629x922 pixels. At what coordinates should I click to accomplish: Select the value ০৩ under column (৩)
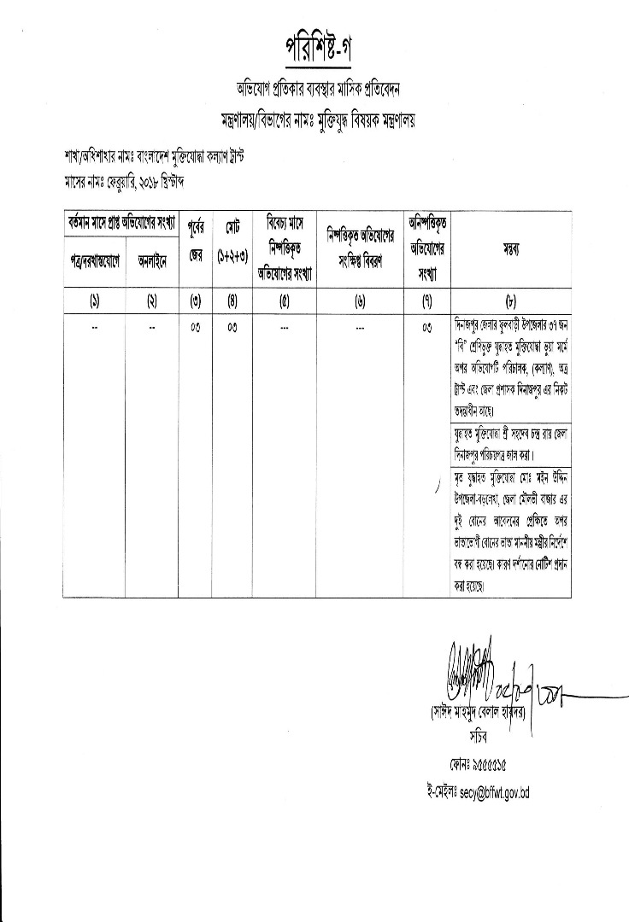pyautogui.click(x=195, y=327)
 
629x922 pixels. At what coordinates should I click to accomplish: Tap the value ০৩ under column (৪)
pyautogui.click(x=231, y=327)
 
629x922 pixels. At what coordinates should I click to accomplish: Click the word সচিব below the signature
pyautogui.click(x=477, y=733)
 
